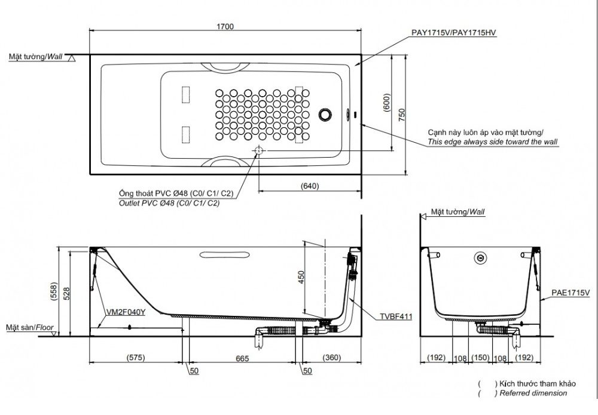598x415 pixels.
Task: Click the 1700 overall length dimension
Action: (x=225, y=27)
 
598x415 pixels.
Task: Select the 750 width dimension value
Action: (x=402, y=115)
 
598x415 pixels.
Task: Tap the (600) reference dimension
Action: (x=387, y=103)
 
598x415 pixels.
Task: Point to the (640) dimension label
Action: (x=310, y=186)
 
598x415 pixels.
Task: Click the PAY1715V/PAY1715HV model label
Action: (x=454, y=33)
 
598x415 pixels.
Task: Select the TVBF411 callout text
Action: (x=396, y=316)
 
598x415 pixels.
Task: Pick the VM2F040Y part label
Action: (x=126, y=312)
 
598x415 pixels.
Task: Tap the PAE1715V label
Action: (x=570, y=293)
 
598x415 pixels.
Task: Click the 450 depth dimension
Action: (x=301, y=278)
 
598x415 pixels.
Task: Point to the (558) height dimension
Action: (x=54, y=292)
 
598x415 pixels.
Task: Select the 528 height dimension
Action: (x=66, y=294)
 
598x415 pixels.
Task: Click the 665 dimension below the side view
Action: (x=242, y=359)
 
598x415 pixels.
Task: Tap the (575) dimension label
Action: (x=136, y=358)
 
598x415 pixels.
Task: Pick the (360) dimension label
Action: (x=332, y=358)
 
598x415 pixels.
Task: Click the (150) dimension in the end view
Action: (x=480, y=358)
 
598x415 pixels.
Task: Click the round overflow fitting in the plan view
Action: (x=325, y=114)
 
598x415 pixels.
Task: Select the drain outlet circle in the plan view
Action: (x=258, y=150)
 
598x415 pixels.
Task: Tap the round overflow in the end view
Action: (x=481, y=258)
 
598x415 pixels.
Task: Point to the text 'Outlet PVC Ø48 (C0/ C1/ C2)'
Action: (x=169, y=203)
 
